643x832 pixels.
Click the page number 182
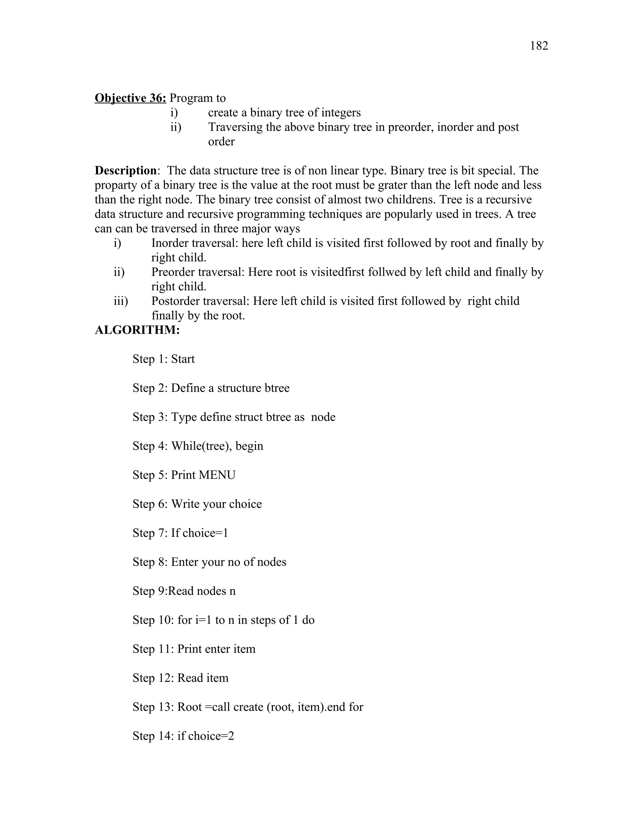click(539, 46)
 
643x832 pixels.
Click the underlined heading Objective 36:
click(130, 98)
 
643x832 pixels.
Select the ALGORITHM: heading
click(137, 330)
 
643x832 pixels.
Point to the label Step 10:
click(153, 620)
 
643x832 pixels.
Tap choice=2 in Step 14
click(211, 736)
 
